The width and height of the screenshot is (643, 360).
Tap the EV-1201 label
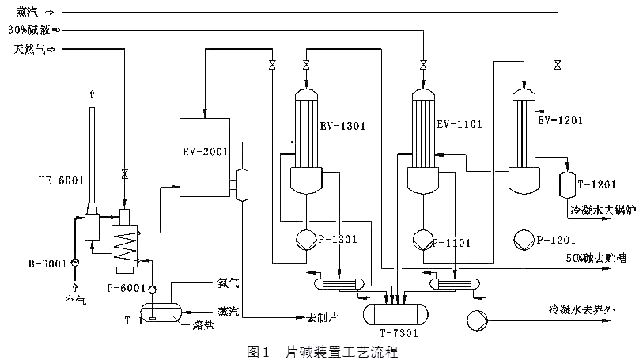559,120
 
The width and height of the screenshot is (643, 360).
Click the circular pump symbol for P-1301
305,239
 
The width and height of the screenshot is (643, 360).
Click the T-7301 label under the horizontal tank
398,333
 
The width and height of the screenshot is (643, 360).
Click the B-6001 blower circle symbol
74,262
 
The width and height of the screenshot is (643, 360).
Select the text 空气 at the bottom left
76,302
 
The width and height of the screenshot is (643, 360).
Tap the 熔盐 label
202,324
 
